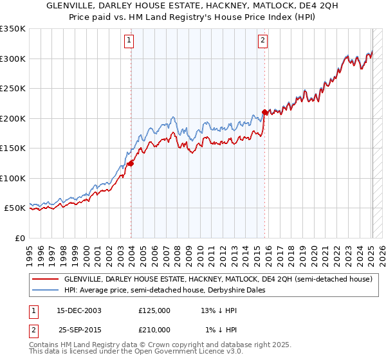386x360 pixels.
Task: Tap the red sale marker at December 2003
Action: (x=131, y=163)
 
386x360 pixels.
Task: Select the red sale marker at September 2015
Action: (x=264, y=113)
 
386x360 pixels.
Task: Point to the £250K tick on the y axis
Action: (x=13, y=89)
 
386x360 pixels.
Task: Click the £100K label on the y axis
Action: (x=13, y=178)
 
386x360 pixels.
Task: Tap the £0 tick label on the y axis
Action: (x=19, y=238)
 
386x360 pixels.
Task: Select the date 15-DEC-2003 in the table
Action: (x=79, y=310)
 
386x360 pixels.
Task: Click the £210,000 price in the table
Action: (x=154, y=329)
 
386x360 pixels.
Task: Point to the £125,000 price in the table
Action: (x=154, y=310)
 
